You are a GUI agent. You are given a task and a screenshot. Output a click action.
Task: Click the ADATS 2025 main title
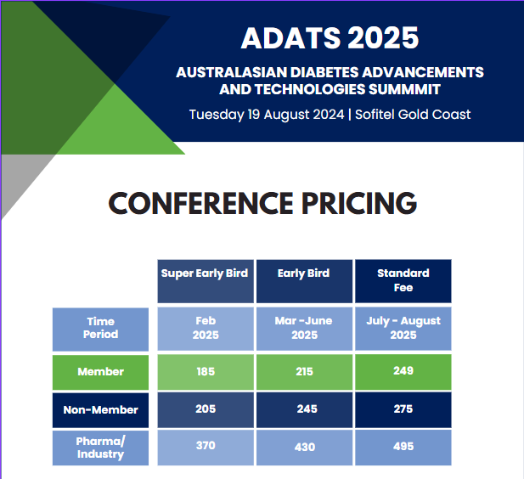point(330,37)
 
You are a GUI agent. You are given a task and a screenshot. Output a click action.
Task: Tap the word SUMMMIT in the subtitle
point(404,89)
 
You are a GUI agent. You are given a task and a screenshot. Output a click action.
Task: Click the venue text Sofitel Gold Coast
point(413,115)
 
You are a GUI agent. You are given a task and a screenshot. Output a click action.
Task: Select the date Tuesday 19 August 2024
point(267,115)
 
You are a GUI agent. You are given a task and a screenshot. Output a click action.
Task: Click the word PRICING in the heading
point(359,203)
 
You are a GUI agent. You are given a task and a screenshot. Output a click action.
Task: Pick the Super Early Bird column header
point(205,273)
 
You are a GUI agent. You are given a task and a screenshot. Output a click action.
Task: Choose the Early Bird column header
point(303,273)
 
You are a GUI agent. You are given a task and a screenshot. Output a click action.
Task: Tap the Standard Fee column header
point(403,280)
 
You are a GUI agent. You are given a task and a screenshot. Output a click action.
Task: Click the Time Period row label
point(100,328)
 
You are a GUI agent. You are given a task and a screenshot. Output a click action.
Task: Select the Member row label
point(100,371)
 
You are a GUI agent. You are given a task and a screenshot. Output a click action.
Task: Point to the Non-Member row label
point(100,409)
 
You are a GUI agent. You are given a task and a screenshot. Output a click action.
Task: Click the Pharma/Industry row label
point(100,448)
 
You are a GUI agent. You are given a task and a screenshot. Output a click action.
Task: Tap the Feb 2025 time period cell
point(206,328)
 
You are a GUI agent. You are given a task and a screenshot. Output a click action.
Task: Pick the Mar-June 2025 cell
point(304,328)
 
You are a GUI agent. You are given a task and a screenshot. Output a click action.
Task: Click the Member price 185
point(206,371)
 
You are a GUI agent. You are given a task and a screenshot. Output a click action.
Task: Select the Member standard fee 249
point(403,370)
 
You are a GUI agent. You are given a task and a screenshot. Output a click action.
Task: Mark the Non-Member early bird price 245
point(307,409)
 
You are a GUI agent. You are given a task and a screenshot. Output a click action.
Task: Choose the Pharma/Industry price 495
point(403,446)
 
